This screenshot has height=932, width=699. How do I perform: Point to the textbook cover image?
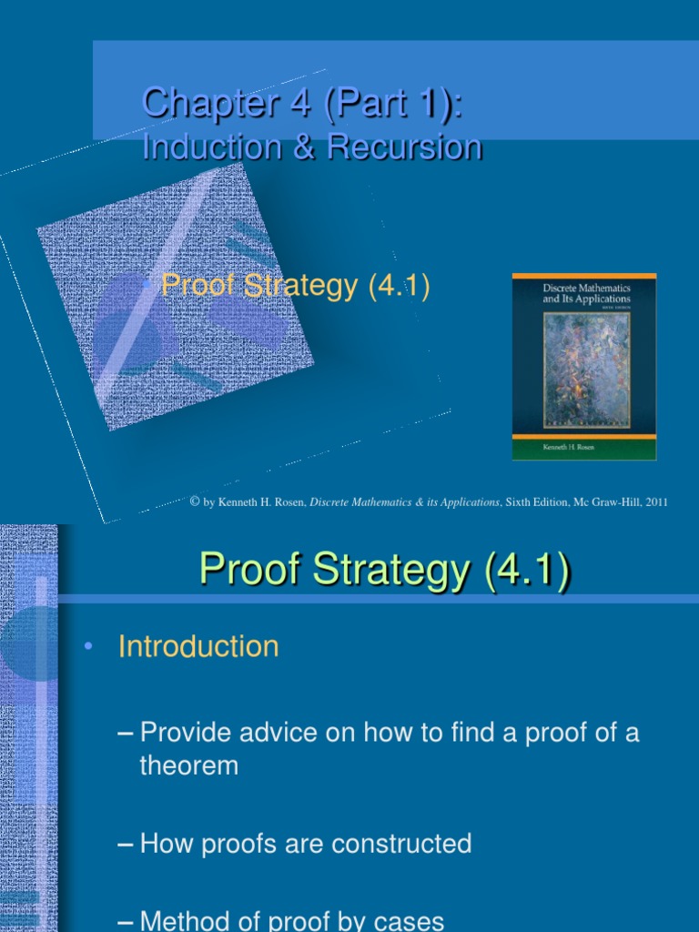(584, 366)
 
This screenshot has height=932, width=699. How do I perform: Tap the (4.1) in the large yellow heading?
(528, 571)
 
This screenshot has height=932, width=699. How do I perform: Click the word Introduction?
(198, 646)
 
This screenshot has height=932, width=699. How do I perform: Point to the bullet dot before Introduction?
(87, 646)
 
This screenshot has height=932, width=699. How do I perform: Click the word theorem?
(188, 765)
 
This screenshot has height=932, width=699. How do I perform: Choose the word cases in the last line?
(404, 920)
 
